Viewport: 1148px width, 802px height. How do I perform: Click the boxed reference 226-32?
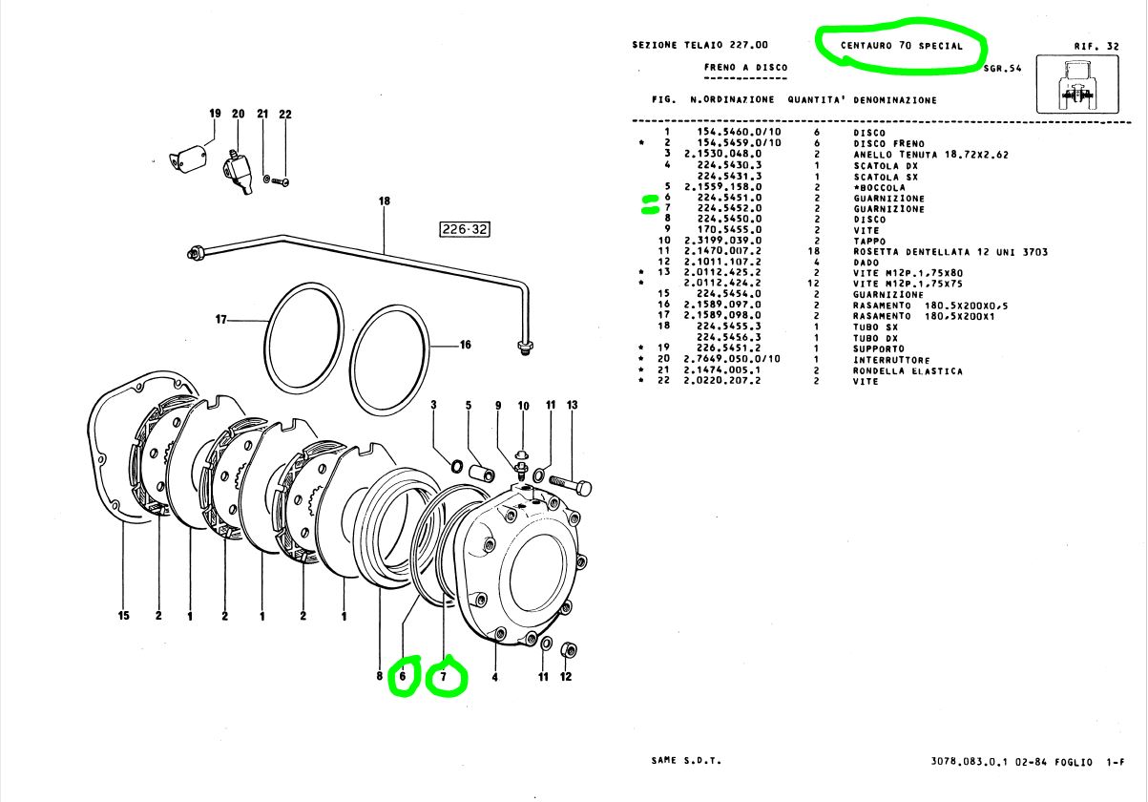[x=464, y=229]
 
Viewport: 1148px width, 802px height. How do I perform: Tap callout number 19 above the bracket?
[x=215, y=114]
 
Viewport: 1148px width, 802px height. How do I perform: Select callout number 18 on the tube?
[x=385, y=201]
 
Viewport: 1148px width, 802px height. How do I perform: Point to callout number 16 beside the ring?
[x=466, y=346]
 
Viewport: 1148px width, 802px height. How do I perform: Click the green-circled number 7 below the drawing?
[x=443, y=677]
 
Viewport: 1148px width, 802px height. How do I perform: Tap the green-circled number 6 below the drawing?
[x=403, y=676]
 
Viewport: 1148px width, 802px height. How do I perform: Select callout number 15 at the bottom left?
[x=123, y=617]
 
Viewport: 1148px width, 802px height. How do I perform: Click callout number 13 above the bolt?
[x=573, y=406]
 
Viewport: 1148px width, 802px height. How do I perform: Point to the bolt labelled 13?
[x=571, y=488]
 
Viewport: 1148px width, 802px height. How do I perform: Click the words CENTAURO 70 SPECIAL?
[x=901, y=46]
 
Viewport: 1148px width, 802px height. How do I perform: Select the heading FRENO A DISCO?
[x=746, y=68]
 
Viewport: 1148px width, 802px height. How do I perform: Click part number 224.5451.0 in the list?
[x=729, y=199]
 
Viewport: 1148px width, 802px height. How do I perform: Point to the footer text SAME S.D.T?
[x=686, y=761]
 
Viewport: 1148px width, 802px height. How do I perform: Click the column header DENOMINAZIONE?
[x=895, y=99]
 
